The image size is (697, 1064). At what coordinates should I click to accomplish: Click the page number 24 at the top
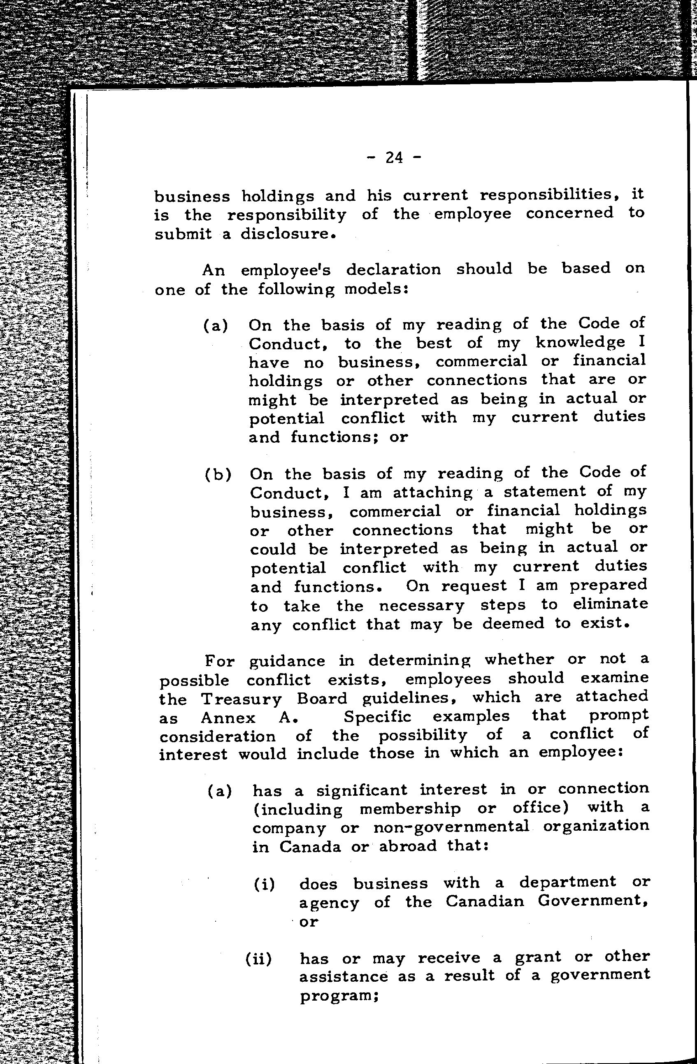point(393,158)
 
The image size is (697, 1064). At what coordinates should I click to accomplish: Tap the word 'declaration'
point(393,269)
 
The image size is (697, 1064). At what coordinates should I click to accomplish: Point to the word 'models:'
point(377,289)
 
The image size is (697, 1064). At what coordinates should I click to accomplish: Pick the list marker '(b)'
point(218,474)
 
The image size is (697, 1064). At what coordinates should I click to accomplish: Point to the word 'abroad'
point(407,846)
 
